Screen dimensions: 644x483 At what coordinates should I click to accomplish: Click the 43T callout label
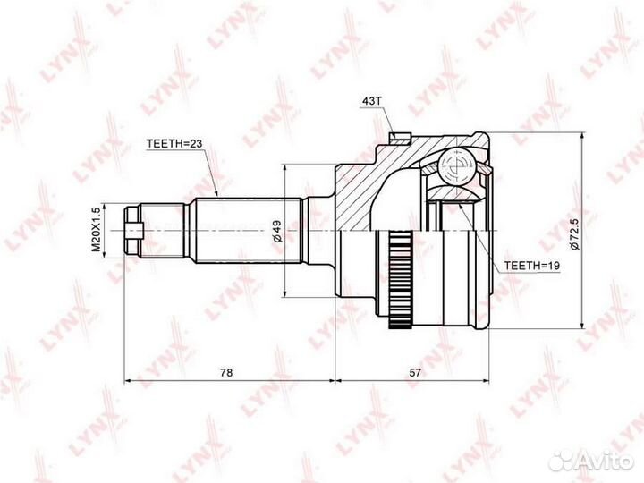pyautogui.click(x=371, y=101)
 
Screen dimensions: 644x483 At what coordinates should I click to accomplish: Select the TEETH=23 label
pyautogui.click(x=174, y=143)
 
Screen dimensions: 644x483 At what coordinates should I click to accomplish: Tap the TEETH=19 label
pyautogui.click(x=532, y=266)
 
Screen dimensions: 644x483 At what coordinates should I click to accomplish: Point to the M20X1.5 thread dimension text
pyautogui.click(x=96, y=229)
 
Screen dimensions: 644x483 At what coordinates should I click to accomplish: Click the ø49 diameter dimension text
pyautogui.click(x=278, y=231)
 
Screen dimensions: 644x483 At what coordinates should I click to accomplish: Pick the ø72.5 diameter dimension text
pyautogui.click(x=574, y=234)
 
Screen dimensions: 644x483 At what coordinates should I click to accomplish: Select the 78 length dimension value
pyautogui.click(x=226, y=372)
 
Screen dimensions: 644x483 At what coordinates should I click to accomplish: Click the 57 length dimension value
pyautogui.click(x=416, y=372)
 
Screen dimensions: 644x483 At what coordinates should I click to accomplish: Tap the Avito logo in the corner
pyautogui.click(x=591, y=462)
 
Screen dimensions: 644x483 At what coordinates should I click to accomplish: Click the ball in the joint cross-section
pyautogui.click(x=456, y=166)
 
